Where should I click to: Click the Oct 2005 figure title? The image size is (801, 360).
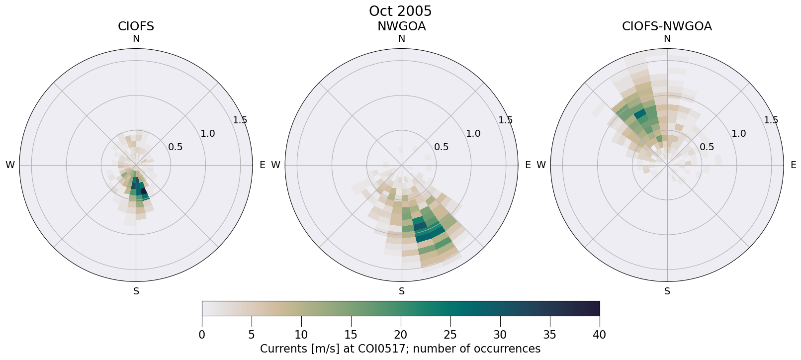point(400,11)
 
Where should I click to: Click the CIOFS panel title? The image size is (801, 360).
point(136,26)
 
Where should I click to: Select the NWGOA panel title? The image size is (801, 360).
point(401,26)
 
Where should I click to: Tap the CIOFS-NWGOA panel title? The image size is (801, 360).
point(667,26)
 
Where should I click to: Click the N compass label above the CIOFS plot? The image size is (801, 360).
point(136,39)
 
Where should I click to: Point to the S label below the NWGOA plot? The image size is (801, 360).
point(402,291)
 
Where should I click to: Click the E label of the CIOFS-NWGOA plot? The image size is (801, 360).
point(794,165)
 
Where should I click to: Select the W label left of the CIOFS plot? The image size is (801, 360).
point(10,165)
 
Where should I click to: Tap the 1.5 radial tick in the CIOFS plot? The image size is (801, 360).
point(240,120)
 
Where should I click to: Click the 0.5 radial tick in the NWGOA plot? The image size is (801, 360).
point(442,147)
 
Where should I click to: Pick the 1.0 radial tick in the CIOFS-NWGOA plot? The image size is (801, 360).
point(739,133)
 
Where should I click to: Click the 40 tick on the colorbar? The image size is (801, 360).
point(600,335)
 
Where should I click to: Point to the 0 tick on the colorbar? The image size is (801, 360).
point(202,335)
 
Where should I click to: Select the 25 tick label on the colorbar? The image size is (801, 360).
point(450,335)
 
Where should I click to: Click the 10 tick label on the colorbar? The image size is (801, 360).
point(301,335)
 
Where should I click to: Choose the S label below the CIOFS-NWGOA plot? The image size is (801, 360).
point(667,291)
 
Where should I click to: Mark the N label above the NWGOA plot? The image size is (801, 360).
point(402,39)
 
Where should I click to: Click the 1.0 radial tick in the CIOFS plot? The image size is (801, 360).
point(208,133)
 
